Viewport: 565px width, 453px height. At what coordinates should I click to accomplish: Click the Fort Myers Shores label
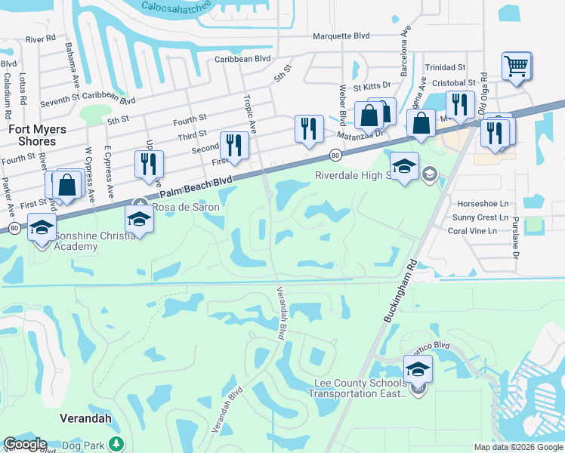click(32, 135)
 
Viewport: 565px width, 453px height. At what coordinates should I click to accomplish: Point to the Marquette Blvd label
click(342, 35)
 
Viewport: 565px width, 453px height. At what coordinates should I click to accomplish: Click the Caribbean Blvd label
click(242, 58)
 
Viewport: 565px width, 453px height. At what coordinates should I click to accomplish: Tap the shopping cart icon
click(517, 65)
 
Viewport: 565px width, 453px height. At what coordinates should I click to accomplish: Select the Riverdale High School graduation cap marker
click(404, 166)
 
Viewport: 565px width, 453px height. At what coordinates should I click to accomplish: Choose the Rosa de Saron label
click(186, 207)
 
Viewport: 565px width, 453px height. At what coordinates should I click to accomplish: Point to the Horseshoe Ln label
click(483, 204)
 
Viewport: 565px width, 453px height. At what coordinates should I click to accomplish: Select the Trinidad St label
click(446, 67)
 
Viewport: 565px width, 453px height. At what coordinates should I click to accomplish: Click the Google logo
click(25, 444)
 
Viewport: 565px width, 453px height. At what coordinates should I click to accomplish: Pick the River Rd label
click(41, 38)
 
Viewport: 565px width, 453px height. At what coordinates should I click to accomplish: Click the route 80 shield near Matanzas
click(335, 156)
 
